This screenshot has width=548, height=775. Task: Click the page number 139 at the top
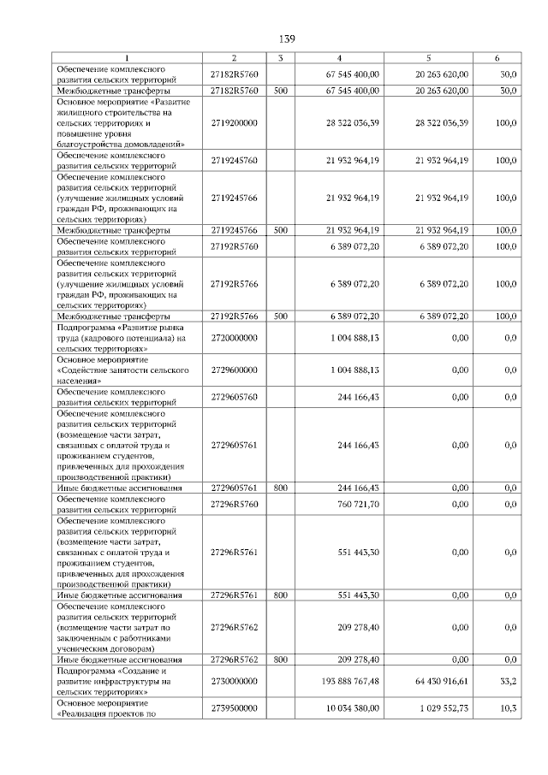288,40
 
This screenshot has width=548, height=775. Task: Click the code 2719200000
234,123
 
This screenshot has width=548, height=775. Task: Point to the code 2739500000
234,708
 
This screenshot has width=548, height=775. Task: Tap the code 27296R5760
234,504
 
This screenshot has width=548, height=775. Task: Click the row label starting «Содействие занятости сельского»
110,370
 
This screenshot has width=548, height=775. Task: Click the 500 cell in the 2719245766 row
279,230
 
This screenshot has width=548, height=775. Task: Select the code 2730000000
234,682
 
